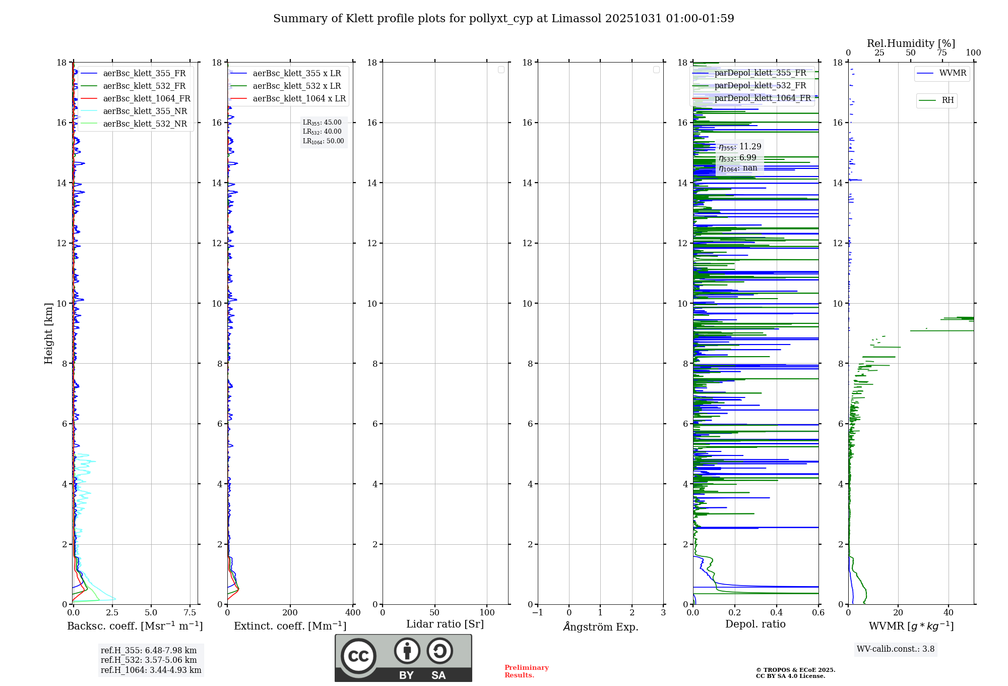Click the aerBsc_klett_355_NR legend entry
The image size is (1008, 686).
tap(145, 111)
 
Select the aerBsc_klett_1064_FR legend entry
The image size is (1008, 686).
tap(147, 98)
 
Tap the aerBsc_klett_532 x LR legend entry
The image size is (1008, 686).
tap(296, 86)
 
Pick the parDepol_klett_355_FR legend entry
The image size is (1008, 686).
tap(760, 73)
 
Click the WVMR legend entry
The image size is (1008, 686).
tap(953, 73)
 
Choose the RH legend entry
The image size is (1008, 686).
tap(948, 100)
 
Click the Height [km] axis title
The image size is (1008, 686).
tap(48, 333)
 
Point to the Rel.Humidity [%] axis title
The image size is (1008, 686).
tap(911, 43)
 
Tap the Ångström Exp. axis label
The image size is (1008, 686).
tap(600, 626)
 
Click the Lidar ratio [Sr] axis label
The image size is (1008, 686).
tap(445, 624)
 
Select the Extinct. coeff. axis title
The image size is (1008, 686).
tap(290, 626)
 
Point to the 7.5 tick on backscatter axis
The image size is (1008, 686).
tap(190, 613)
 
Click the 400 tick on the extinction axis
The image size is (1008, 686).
tap(353, 613)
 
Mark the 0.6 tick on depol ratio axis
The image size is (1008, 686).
tap(818, 613)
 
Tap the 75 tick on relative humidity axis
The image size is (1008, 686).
tap(941, 53)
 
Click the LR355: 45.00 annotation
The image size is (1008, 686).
tap(322, 123)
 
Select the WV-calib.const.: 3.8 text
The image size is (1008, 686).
tap(896, 649)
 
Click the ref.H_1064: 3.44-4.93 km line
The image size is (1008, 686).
tap(151, 670)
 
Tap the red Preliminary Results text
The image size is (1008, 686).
tap(526, 671)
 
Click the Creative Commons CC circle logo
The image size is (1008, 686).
tap(358, 656)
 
